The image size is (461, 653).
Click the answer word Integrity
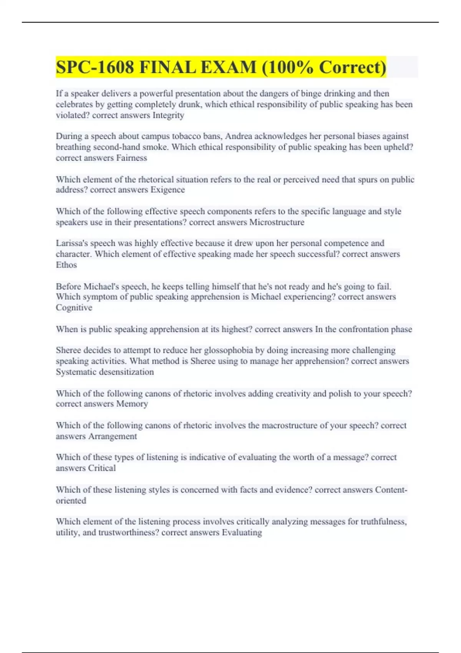point(168,115)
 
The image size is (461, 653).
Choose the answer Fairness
point(131,158)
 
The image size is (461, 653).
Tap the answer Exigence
point(167,190)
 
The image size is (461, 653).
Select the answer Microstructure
point(277,222)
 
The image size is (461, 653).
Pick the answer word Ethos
point(66,265)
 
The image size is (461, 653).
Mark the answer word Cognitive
point(74,308)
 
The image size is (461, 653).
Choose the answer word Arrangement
point(112,436)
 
